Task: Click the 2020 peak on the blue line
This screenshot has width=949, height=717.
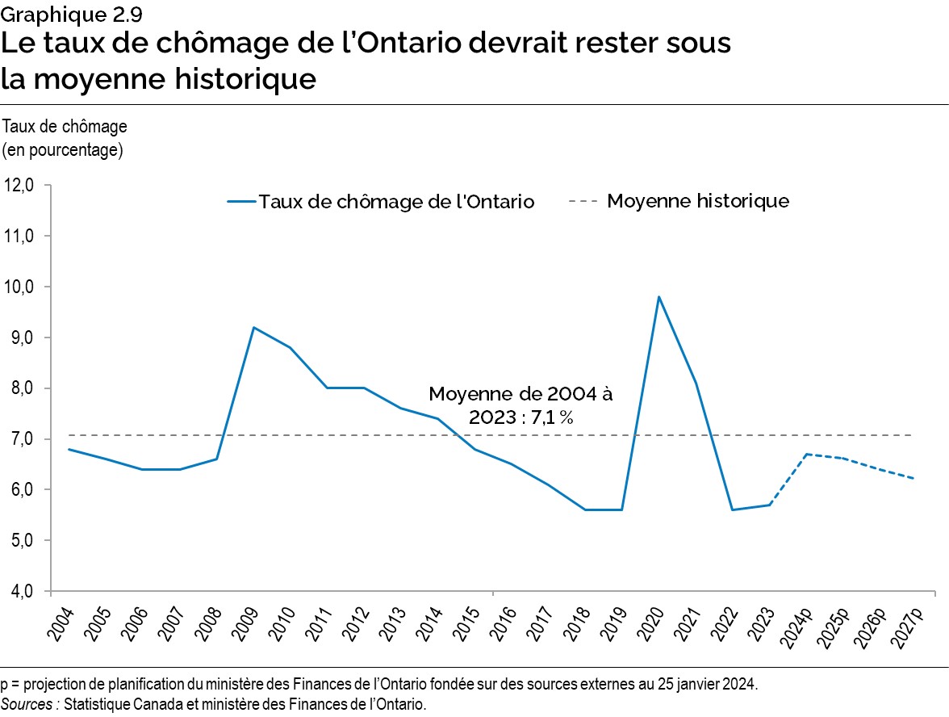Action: coord(659,297)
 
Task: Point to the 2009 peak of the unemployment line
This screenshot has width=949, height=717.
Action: coord(254,327)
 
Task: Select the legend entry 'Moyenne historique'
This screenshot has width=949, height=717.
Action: coord(697,201)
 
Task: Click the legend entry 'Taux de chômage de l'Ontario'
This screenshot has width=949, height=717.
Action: coord(395,202)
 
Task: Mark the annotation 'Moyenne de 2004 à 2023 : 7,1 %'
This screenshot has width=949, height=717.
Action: coord(520,405)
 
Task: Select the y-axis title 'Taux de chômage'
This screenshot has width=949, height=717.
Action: coord(65,127)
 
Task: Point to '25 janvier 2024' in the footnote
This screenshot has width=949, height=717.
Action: coord(710,685)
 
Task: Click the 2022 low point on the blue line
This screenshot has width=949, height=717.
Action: coord(733,509)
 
